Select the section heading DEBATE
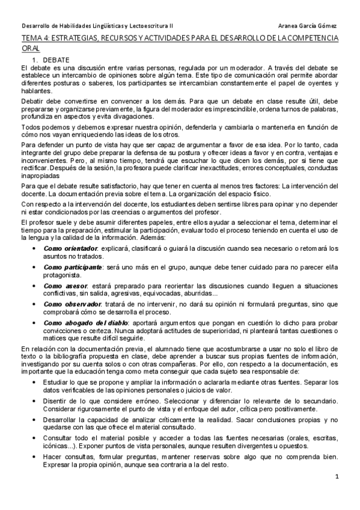[56, 60]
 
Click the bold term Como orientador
[70, 248]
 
